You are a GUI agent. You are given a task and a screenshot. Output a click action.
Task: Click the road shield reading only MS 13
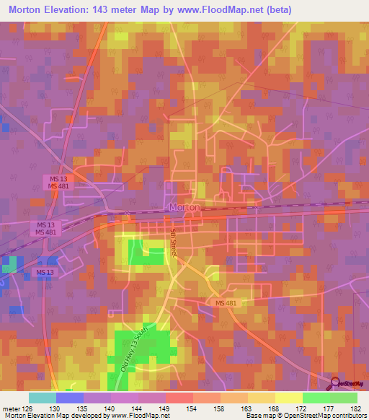coord(44,271)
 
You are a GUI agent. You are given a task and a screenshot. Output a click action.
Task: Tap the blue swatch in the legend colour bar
coord(70,398)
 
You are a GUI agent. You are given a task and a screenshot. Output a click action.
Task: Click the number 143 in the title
coord(125,9)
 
